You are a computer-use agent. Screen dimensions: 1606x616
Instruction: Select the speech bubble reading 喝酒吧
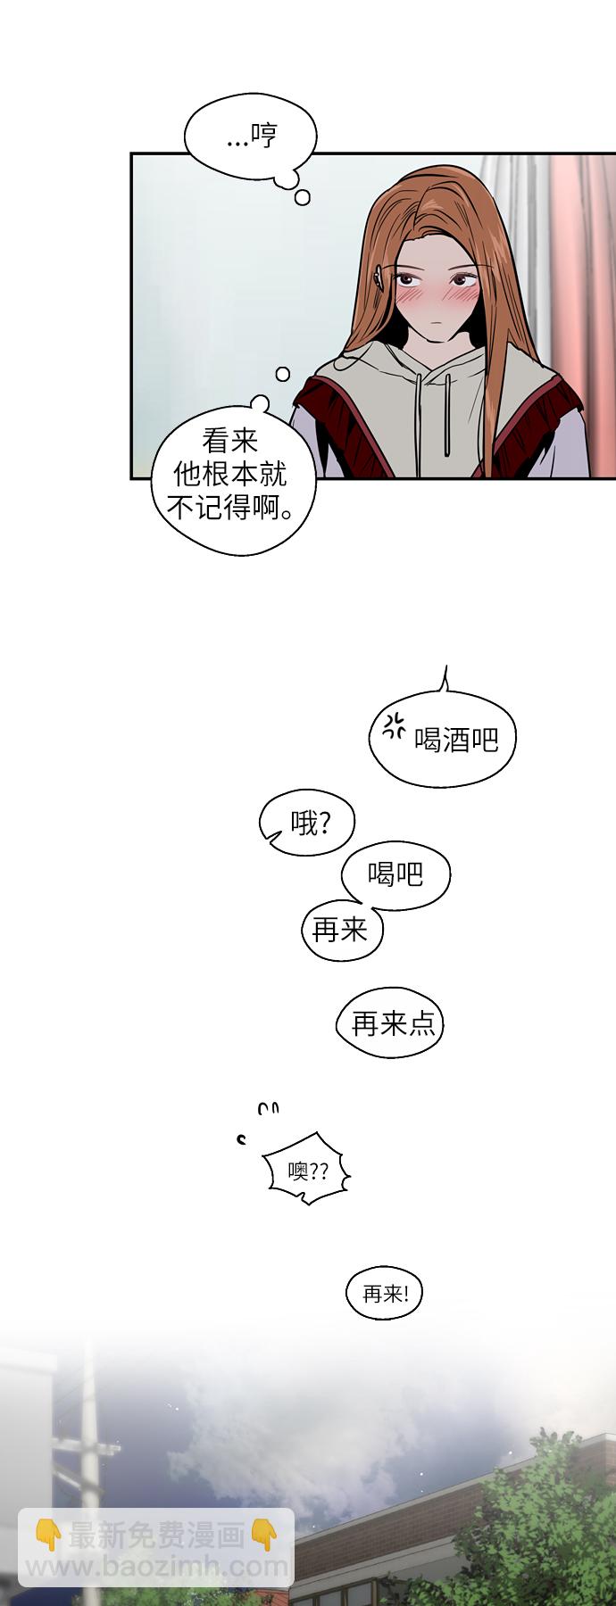[444, 739]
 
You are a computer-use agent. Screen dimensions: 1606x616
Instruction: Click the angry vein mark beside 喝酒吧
[394, 726]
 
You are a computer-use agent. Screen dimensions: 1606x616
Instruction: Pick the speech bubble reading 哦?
[307, 824]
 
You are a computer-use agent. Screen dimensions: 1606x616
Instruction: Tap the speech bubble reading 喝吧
[395, 875]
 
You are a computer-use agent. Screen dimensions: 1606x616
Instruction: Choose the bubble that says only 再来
[341, 931]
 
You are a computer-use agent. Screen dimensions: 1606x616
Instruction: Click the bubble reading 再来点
[390, 1023]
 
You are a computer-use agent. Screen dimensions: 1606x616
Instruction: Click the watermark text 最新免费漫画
[157, 1535]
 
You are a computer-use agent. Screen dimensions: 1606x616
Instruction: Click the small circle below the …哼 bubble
[303, 198]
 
